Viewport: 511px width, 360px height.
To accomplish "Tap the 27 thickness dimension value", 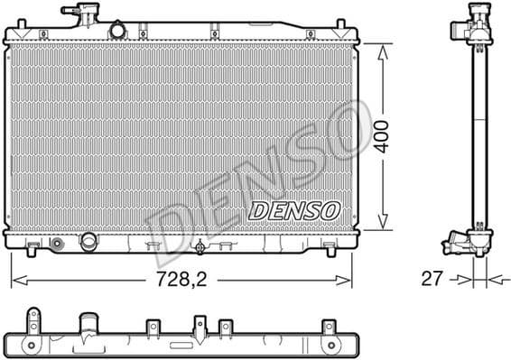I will pyautogui.click(x=432, y=279).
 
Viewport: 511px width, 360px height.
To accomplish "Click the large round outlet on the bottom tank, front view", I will pyautogui.click(x=88, y=243).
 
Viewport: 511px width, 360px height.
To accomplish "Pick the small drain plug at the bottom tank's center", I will pyautogui.click(x=200, y=246).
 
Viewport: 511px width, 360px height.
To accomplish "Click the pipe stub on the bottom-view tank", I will pyautogui.click(x=88, y=324).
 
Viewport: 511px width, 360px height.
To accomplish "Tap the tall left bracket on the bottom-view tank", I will pyautogui.click(x=33, y=319).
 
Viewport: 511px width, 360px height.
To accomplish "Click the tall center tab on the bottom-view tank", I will pyautogui.click(x=200, y=324).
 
